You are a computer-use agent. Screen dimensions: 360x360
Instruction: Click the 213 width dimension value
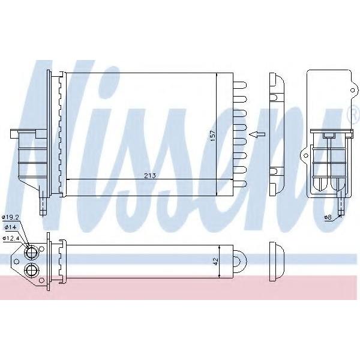click(x=150, y=176)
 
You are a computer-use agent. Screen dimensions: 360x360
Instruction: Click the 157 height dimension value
click(x=213, y=136)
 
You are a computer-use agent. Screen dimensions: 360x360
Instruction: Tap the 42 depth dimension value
click(x=216, y=261)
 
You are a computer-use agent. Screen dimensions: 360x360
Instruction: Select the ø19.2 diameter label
click(x=10, y=217)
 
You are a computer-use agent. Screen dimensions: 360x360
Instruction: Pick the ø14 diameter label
click(x=10, y=227)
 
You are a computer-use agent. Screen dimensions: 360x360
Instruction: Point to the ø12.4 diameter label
click(x=10, y=238)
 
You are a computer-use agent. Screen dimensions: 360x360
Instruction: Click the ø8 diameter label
click(x=328, y=217)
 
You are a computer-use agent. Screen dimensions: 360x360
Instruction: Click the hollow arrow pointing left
click(x=257, y=135)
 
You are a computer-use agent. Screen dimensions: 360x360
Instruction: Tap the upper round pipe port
click(x=31, y=253)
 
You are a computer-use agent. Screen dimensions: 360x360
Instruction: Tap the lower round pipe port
click(x=31, y=269)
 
